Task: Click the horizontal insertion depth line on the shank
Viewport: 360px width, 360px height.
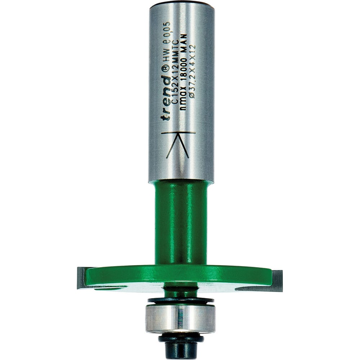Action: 179,133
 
